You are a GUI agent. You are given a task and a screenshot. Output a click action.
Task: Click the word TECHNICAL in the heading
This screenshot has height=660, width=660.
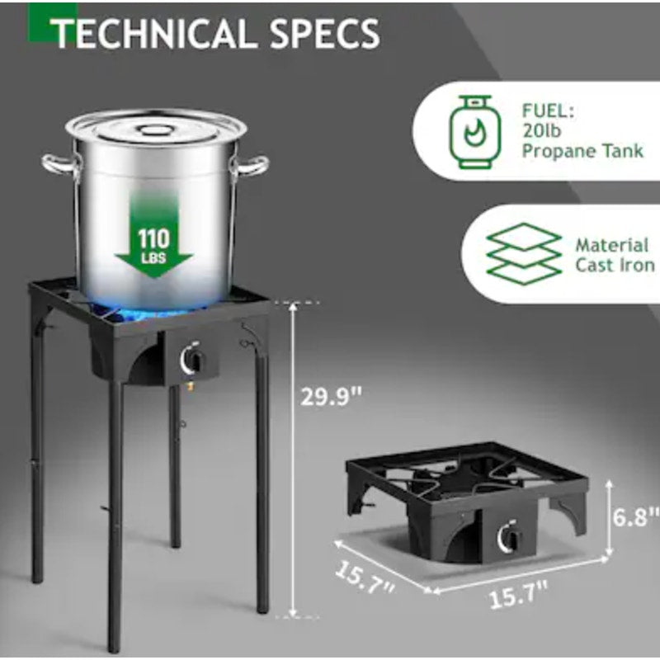(x=153, y=33)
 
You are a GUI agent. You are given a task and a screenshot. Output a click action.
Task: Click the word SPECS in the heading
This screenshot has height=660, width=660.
(x=324, y=33)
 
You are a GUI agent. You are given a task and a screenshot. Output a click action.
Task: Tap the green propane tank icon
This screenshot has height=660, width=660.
(x=475, y=132)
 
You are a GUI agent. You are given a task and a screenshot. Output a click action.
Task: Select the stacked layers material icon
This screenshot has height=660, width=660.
(x=524, y=254)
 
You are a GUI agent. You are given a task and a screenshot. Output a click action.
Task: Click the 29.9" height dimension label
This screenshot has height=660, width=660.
(x=332, y=397)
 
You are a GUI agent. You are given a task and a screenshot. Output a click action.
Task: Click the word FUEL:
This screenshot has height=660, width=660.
(x=548, y=111)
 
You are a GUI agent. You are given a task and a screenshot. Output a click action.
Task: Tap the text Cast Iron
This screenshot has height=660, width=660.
(x=615, y=266)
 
